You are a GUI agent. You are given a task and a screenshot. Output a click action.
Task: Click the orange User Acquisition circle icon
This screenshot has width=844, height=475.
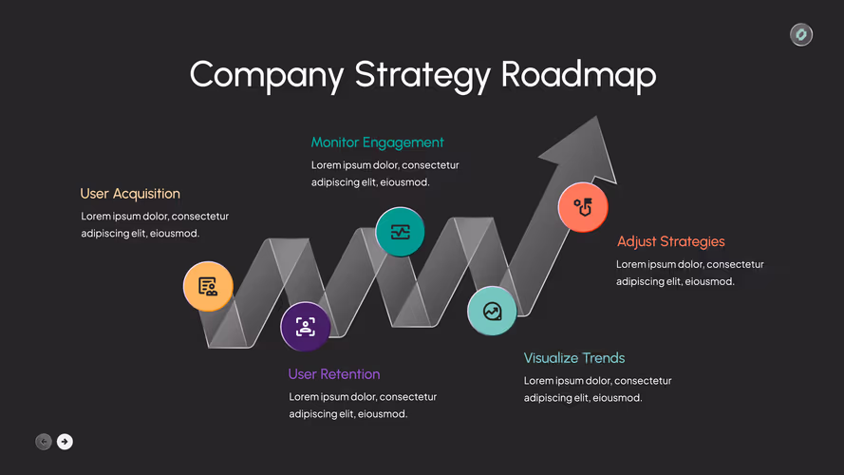pyautogui.click(x=208, y=287)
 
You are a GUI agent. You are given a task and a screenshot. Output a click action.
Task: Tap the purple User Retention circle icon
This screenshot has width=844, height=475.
pyautogui.click(x=305, y=327)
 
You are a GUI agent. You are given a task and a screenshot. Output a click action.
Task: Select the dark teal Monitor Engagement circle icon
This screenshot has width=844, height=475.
pyautogui.click(x=400, y=232)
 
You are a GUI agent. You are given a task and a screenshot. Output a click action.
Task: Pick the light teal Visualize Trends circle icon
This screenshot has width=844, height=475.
pyautogui.click(x=492, y=312)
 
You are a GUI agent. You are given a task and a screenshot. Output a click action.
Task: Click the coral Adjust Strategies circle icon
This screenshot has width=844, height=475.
pyautogui.click(x=583, y=207)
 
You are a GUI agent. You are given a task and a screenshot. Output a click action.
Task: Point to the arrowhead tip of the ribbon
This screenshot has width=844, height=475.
pyautogui.click(x=596, y=116)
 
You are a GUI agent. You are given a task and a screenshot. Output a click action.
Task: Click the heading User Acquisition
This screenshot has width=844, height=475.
pyautogui.click(x=130, y=194)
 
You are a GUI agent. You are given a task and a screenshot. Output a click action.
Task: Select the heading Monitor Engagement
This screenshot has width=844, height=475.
pyautogui.click(x=377, y=142)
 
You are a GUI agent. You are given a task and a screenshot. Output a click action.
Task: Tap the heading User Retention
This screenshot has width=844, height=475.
pyautogui.click(x=334, y=373)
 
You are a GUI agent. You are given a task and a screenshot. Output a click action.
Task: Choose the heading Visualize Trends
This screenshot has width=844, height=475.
pyautogui.click(x=574, y=357)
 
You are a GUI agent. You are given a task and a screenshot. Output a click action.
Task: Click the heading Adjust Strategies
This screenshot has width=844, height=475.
pyautogui.click(x=670, y=241)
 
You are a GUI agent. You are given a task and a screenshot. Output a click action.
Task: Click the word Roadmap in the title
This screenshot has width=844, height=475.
pyautogui.click(x=578, y=74)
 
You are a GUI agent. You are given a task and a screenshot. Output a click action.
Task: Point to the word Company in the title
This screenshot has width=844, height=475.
pyautogui.click(x=267, y=75)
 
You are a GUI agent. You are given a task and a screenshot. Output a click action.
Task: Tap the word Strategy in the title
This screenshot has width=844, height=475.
pyautogui.click(x=422, y=75)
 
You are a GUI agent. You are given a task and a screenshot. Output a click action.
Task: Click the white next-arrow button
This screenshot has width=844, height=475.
pyautogui.click(x=65, y=442)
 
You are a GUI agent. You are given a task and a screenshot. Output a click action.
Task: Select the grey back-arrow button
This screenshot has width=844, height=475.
pyautogui.click(x=44, y=442)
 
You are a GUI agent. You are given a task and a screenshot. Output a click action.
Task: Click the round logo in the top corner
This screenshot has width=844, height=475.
pyautogui.click(x=801, y=34)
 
